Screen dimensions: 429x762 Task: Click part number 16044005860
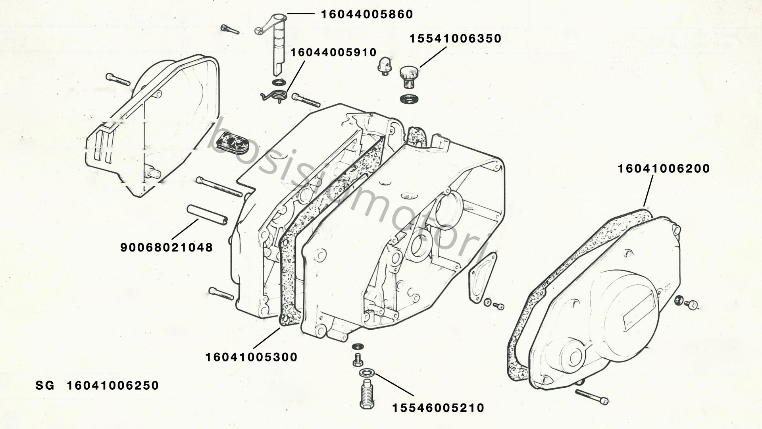367,15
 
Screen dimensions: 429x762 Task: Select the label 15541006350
456,39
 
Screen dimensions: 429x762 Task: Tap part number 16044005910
334,52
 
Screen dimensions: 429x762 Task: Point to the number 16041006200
664,169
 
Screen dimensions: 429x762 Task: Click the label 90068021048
167,248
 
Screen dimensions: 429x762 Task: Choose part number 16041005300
251,357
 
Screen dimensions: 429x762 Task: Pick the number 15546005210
439,408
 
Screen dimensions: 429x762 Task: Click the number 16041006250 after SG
113,386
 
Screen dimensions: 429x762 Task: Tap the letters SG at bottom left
44,386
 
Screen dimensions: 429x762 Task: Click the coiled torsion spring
274,96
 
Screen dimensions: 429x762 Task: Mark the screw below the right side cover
592,396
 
